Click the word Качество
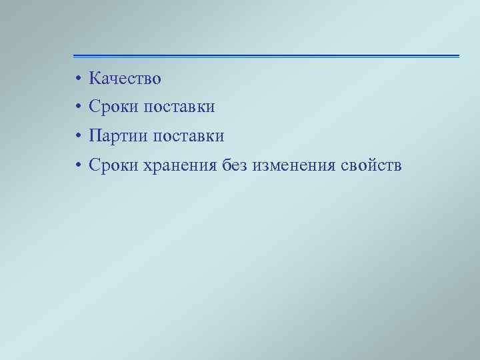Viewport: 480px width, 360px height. point(125,79)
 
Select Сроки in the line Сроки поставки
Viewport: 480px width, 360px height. point(113,107)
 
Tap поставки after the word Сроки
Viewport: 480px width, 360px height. point(179,107)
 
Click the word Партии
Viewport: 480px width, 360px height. point(118,136)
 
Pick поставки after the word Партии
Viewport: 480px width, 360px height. point(188,136)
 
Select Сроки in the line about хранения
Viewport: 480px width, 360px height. point(113,165)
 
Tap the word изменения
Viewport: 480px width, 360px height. point(293,165)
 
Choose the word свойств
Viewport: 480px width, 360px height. point(371,165)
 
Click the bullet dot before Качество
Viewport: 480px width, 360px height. point(78,79)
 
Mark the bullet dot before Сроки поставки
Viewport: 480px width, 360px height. point(78,107)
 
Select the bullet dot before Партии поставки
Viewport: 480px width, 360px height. point(78,137)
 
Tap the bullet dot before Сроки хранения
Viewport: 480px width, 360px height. point(78,165)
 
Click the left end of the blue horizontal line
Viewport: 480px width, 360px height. point(75,56)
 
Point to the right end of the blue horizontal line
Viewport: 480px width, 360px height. point(458,56)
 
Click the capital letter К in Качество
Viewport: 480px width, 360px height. point(94,79)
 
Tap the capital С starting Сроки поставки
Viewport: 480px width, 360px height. point(94,107)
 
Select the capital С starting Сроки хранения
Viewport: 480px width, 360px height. point(94,165)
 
